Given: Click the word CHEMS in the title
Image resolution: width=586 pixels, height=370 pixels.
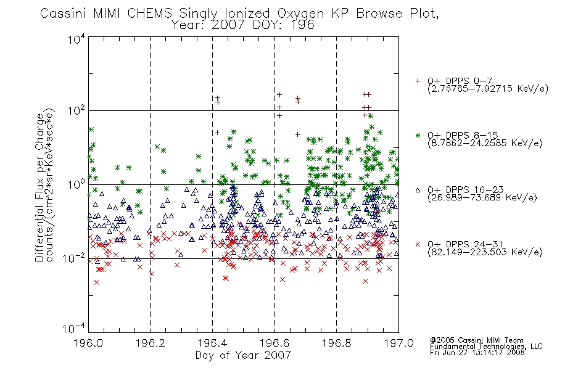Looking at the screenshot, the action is (149, 14).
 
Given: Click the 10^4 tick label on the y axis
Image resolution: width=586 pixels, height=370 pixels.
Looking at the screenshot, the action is (77, 39).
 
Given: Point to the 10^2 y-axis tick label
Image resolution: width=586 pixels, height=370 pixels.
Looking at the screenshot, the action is (77, 110).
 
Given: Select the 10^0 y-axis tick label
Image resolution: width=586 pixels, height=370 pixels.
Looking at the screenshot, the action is (77, 184).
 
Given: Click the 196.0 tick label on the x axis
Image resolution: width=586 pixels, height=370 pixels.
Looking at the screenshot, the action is (88, 343).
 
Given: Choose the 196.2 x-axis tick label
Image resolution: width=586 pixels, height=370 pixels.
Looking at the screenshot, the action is (151, 343).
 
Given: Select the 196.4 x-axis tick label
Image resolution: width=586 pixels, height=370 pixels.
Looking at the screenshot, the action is (212, 343).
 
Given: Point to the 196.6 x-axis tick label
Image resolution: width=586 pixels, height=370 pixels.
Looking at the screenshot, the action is (274, 343).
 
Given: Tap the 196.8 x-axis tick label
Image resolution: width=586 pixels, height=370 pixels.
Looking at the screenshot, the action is (336, 343).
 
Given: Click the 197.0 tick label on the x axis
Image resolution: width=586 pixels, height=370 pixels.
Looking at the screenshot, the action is (398, 343).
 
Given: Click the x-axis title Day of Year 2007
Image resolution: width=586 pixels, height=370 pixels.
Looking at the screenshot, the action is (243, 355).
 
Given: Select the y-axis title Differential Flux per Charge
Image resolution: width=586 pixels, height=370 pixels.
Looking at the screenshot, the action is (39, 187).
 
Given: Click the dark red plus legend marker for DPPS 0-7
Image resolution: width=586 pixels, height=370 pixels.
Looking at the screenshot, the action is (418, 81).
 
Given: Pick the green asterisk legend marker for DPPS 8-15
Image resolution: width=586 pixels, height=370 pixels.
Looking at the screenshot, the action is (418, 135).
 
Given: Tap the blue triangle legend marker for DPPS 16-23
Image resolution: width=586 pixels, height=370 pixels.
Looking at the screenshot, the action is (418, 190).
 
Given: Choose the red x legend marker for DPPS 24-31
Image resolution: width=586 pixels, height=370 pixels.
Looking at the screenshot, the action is (418, 244).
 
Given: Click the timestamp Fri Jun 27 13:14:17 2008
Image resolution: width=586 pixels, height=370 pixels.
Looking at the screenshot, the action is (477, 352).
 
